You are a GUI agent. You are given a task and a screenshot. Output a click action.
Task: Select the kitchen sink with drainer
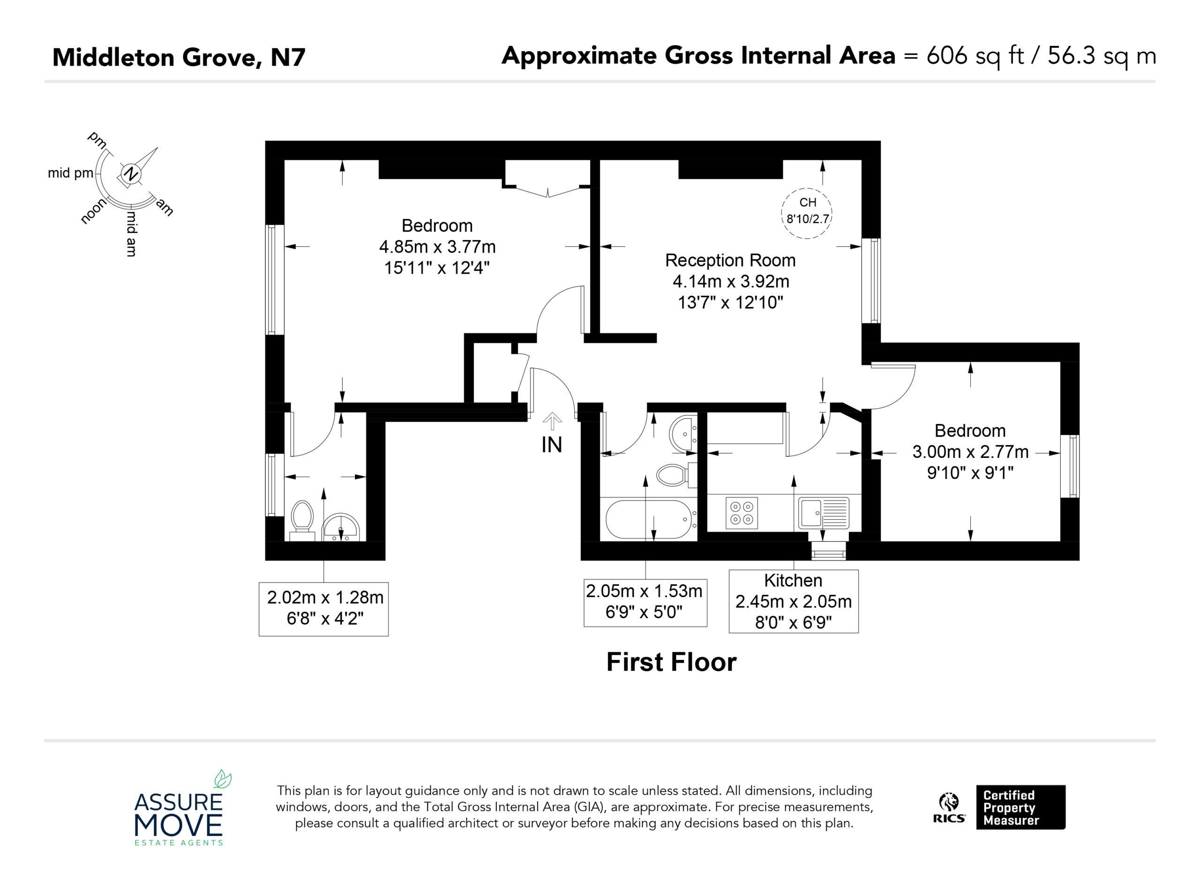(824, 513)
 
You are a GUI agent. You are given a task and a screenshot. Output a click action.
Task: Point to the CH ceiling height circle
(807, 213)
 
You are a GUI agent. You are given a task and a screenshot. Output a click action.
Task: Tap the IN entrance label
(552, 445)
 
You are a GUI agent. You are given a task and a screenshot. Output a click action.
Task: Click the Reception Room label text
(730, 260)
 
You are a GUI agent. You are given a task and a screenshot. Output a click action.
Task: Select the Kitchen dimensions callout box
(794, 602)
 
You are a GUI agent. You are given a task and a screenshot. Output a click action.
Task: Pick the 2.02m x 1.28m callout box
(324, 609)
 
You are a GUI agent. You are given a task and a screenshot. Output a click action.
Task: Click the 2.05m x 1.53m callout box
(645, 603)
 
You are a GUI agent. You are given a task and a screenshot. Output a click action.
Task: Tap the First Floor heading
(671, 662)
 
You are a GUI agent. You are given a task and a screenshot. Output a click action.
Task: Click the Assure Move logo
(179, 808)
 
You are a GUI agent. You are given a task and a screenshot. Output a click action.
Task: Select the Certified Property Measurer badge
(1020, 807)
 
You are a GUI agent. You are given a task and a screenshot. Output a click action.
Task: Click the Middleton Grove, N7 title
(179, 57)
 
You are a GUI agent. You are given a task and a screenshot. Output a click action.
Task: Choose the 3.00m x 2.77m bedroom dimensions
(970, 452)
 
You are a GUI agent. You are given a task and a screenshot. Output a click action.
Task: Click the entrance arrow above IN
(552, 421)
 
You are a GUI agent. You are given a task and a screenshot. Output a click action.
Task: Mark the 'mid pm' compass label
(70, 173)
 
